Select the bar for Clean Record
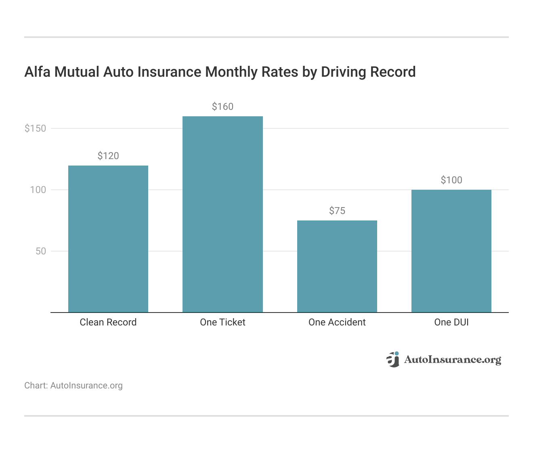click(x=108, y=239)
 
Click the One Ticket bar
click(x=222, y=214)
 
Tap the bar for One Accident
click(x=337, y=266)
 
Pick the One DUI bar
click(x=451, y=251)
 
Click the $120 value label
click(x=108, y=156)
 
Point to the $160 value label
click(x=222, y=107)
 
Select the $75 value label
click(x=337, y=211)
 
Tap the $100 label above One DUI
click(x=451, y=180)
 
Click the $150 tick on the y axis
click(x=36, y=128)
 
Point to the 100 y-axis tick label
click(x=38, y=190)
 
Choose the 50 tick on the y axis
click(x=41, y=251)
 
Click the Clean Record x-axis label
click(x=108, y=322)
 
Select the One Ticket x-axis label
click(x=222, y=322)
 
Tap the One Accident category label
click(x=337, y=322)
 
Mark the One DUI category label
click(x=451, y=322)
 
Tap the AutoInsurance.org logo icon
click(x=393, y=359)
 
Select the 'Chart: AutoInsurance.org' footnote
click(x=73, y=386)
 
